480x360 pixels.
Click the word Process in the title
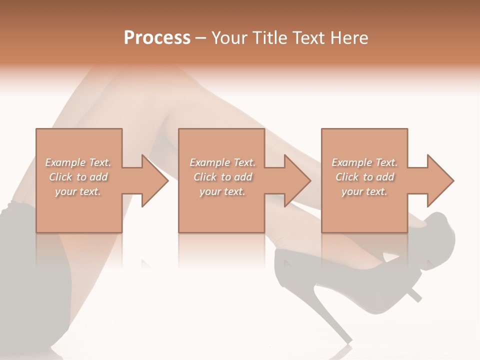(157, 38)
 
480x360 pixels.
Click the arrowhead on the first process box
(154, 180)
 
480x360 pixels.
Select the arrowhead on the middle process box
(296, 180)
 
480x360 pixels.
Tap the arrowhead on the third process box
(439, 180)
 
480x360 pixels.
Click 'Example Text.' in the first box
(78, 162)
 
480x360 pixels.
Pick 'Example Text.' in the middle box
(222, 162)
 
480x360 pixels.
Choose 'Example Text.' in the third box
(364, 162)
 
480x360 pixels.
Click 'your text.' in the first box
(78, 191)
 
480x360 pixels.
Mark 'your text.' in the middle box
(222, 191)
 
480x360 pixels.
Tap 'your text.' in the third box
(364, 191)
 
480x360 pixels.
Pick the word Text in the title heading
(306, 38)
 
